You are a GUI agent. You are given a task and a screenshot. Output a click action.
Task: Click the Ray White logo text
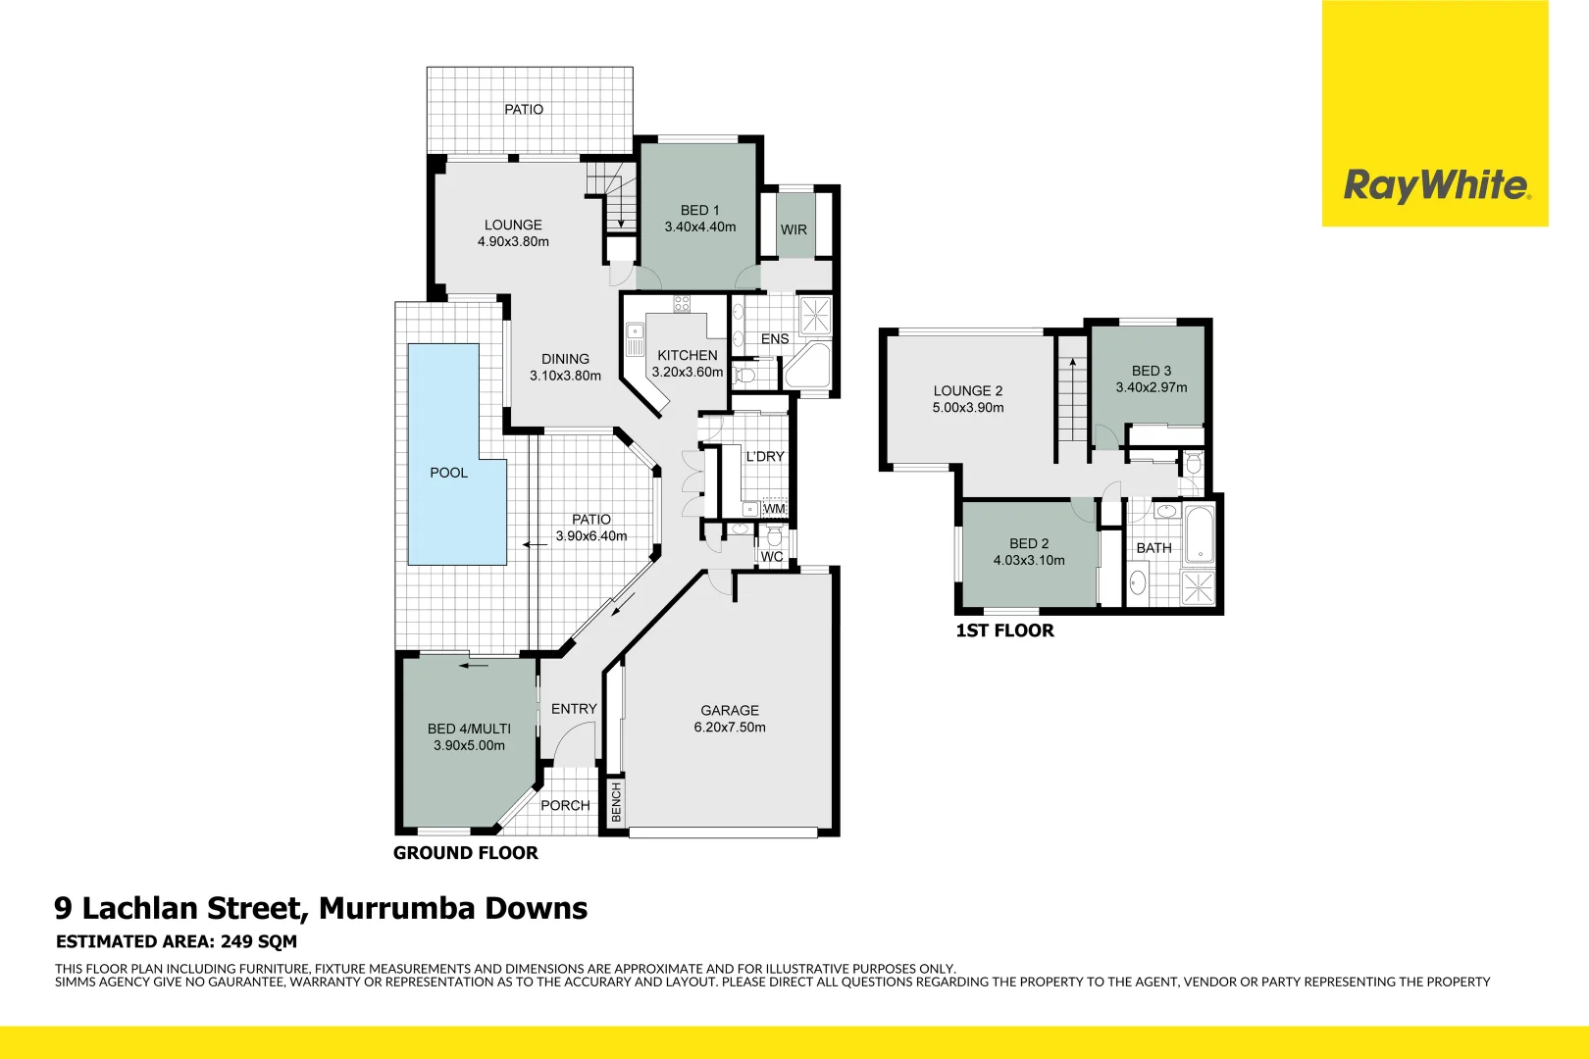pyautogui.click(x=1435, y=184)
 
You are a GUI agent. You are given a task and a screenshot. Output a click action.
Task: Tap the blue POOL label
pyautogui.click(x=448, y=473)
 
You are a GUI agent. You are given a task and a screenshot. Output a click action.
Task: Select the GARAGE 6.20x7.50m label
pyautogui.click(x=730, y=719)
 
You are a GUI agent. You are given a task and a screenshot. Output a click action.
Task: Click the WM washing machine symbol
pyautogui.click(x=774, y=509)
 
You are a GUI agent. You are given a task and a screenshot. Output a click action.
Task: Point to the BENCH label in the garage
pyautogui.click(x=616, y=802)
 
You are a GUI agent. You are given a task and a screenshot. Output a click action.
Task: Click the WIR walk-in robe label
pyautogui.click(x=794, y=229)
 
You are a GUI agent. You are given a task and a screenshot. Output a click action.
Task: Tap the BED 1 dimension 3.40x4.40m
pyautogui.click(x=700, y=227)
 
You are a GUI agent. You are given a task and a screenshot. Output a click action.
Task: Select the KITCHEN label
pyautogui.click(x=687, y=355)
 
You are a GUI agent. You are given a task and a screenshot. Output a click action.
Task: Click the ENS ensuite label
pyautogui.click(x=774, y=338)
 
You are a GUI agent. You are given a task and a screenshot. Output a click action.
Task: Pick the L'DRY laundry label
pyautogui.click(x=764, y=456)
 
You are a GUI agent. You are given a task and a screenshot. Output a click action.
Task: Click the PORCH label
pyautogui.click(x=565, y=805)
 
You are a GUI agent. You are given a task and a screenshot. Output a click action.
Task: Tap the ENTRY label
pyautogui.click(x=574, y=708)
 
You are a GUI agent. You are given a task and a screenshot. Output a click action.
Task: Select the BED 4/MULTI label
pyautogui.click(x=469, y=729)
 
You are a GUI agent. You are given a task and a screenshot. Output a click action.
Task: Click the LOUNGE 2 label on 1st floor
pyautogui.click(x=967, y=390)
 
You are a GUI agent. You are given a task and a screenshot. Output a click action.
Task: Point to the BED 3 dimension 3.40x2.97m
pyautogui.click(x=1151, y=387)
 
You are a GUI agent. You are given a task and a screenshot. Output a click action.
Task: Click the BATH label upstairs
pyautogui.click(x=1153, y=548)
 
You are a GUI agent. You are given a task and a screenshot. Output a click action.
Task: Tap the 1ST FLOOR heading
pyautogui.click(x=1004, y=630)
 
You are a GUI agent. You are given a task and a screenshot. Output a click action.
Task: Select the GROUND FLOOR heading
pyautogui.click(x=465, y=853)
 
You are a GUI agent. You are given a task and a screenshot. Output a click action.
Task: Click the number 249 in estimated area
pyautogui.click(x=237, y=941)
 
